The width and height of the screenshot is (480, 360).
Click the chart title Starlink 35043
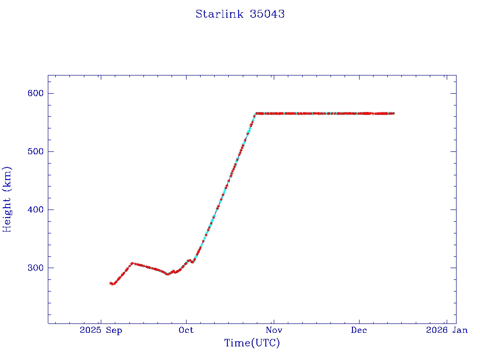click(x=240, y=14)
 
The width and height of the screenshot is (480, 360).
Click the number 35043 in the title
click(x=267, y=14)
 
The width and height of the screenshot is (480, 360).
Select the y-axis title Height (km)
click(x=7, y=199)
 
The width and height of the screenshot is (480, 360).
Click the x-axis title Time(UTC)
click(x=252, y=343)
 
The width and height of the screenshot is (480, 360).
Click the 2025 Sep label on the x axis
click(x=101, y=330)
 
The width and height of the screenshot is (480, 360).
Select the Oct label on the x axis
click(x=187, y=330)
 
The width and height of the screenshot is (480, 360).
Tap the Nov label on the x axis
click(x=273, y=330)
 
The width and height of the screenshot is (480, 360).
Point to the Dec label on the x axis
click(x=359, y=330)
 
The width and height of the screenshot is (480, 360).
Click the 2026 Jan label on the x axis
click(x=447, y=330)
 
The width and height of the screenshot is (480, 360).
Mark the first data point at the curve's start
click(x=111, y=283)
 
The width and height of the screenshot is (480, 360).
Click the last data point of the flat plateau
click(x=393, y=113)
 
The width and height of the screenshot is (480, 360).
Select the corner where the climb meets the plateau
click(x=256, y=113)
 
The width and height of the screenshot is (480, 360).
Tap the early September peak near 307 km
click(x=132, y=263)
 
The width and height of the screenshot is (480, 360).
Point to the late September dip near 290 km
click(x=167, y=274)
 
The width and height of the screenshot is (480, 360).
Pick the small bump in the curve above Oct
click(x=189, y=260)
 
